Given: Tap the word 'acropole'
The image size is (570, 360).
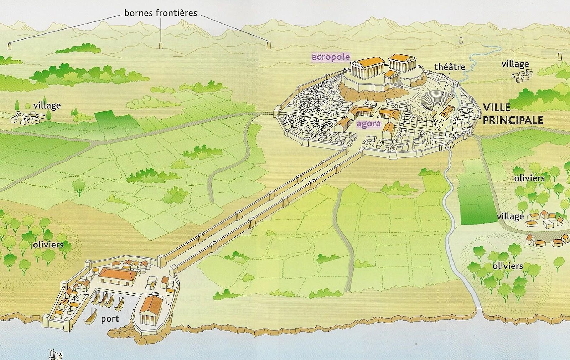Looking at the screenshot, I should tap(331, 57).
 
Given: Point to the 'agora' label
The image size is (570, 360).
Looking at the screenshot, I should tap(368, 124).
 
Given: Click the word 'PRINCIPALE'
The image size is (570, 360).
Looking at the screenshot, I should tap(513, 120).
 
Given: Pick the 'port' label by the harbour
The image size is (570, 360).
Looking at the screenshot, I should tap(110, 318).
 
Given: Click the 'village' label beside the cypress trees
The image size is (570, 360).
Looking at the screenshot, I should tap(47, 106).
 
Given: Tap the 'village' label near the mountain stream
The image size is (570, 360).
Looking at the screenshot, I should tap(515, 64).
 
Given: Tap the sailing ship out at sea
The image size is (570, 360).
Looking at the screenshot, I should tap(55, 355).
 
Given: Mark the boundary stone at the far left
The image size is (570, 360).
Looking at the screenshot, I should tap(9, 46).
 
